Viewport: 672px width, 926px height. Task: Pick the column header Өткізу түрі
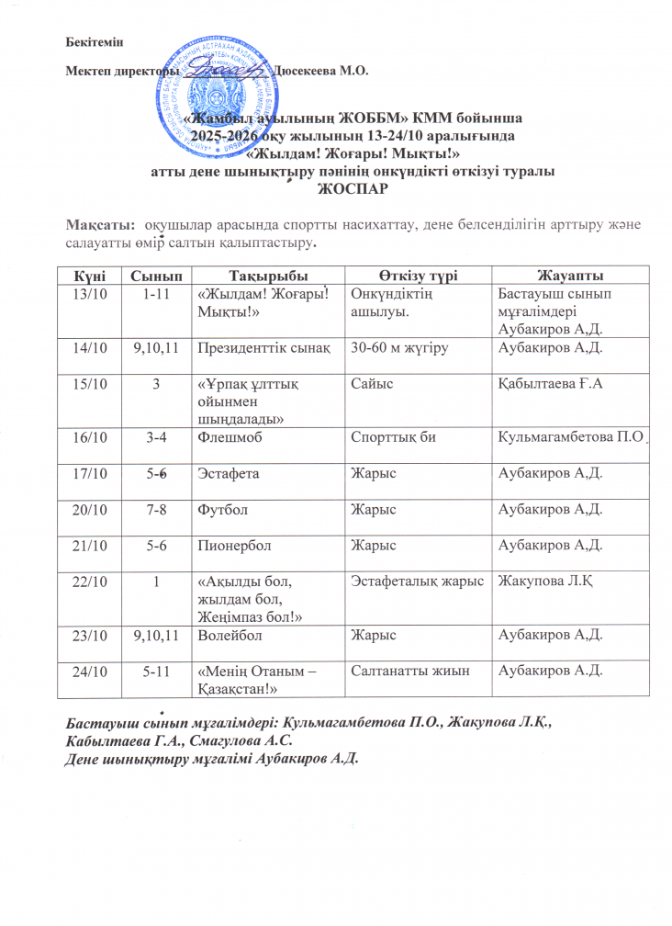tap(420, 275)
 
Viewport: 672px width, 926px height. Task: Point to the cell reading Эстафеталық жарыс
tap(420, 580)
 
